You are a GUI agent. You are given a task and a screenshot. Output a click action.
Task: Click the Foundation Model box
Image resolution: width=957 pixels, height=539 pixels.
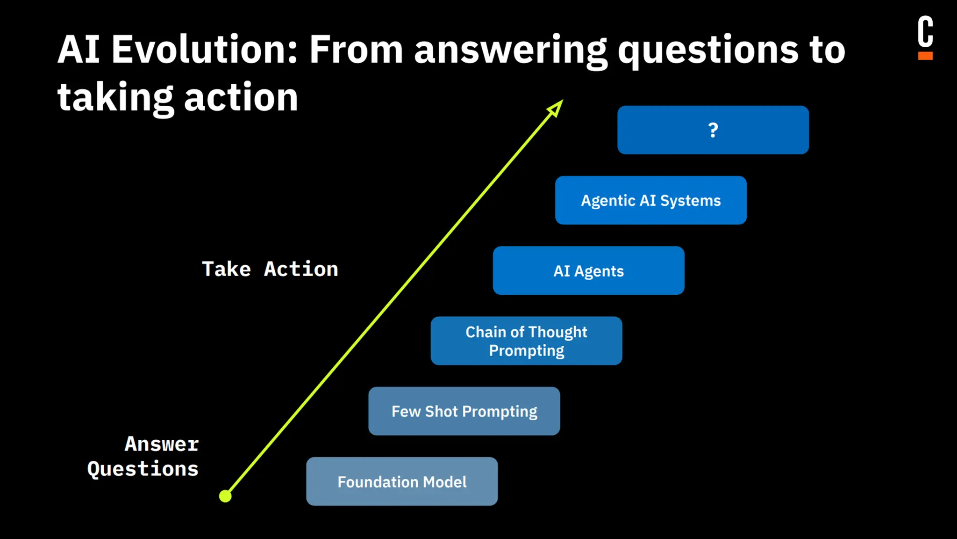click(402, 481)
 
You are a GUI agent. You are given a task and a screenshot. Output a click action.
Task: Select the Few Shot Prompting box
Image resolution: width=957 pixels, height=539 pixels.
click(464, 411)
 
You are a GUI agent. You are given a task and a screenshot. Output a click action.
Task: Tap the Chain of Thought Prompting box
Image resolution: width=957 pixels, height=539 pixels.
click(526, 341)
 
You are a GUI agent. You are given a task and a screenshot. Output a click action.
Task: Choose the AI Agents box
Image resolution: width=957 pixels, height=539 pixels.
click(588, 271)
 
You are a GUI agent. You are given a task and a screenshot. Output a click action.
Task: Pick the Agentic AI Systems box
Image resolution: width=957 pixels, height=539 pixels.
click(650, 200)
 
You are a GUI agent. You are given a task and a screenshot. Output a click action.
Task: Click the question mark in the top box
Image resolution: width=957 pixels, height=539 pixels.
click(713, 130)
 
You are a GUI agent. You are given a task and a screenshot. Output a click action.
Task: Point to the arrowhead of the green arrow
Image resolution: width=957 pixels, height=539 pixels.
click(556, 108)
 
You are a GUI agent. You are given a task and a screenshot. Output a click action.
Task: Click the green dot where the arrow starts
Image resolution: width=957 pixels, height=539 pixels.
click(225, 496)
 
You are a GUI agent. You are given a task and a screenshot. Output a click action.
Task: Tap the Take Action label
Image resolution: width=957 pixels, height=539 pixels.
click(270, 269)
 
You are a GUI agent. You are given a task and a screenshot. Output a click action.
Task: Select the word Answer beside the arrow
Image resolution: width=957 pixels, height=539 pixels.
click(162, 444)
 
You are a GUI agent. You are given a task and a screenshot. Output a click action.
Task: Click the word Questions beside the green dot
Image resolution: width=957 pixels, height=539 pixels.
click(143, 469)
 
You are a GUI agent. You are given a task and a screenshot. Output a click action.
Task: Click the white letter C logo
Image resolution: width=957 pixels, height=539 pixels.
click(925, 31)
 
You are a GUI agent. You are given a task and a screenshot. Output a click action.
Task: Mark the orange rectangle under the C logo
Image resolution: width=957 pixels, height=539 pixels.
click(925, 56)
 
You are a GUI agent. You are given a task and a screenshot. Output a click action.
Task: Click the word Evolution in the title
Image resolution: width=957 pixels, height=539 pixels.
click(204, 50)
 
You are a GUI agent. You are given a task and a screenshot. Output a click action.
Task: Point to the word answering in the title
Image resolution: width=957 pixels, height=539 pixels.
click(510, 51)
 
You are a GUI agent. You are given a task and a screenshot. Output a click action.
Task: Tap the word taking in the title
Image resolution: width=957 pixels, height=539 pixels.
click(115, 97)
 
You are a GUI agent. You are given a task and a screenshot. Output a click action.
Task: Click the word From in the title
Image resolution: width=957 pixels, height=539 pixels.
click(356, 50)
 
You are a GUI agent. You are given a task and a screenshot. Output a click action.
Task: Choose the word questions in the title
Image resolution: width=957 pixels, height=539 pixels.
click(708, 51)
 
